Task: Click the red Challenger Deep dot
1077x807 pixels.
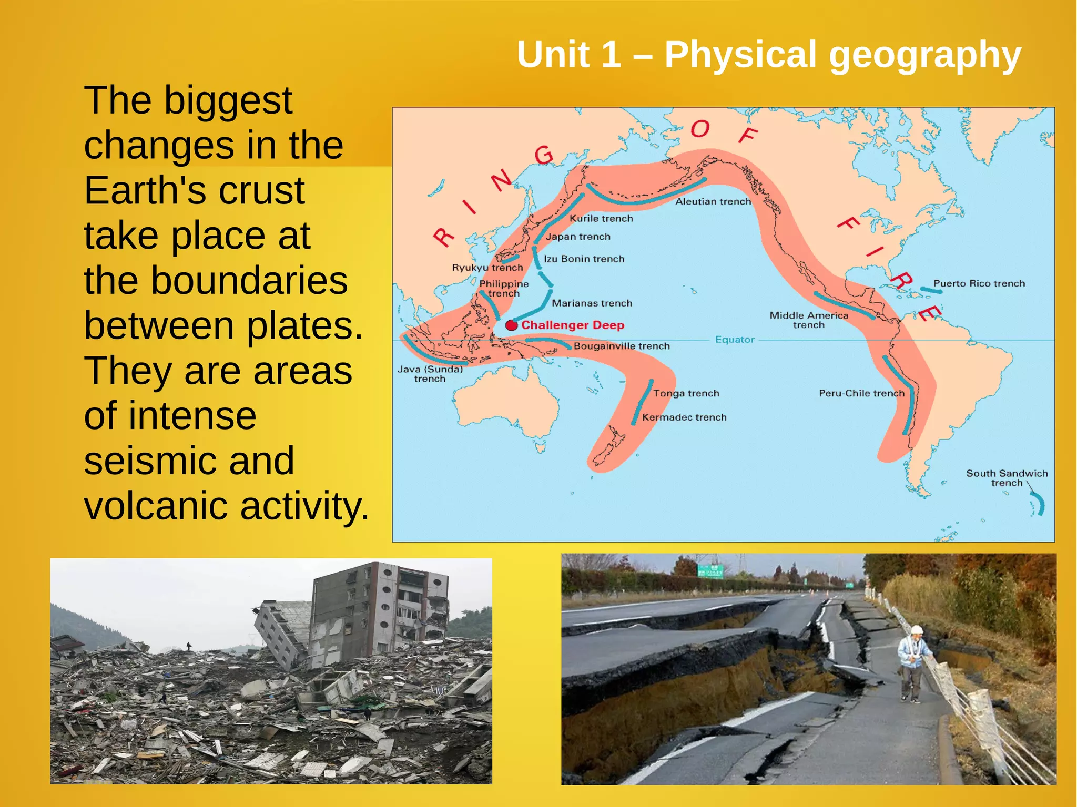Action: [x=511, y=325]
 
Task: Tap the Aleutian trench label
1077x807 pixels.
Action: [x=713, y=201]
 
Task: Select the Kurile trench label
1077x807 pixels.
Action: [x=601, y=218]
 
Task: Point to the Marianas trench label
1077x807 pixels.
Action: [x=592, y=303]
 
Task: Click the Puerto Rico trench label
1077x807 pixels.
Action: [x=979, y=283]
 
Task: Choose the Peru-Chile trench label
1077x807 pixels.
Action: [x=861, y=393]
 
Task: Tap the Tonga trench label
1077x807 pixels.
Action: [x=686, y=393]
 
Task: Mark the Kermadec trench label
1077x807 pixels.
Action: [x=684, y=417]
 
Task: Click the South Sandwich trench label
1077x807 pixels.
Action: [x=1007, y=478]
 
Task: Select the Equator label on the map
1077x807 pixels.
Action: [x=735, y=340]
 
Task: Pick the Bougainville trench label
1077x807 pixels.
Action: [x=622, y=346]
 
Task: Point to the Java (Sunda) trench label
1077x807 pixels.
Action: [x=430, y=374]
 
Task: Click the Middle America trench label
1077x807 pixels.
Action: [x=809, y=320]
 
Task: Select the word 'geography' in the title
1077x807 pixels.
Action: [x=924, y=55]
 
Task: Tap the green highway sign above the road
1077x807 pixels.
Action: [x=710, y=571]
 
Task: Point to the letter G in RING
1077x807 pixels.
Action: [x=544, y=155]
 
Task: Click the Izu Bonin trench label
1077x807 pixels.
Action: [x=584, y=259]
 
